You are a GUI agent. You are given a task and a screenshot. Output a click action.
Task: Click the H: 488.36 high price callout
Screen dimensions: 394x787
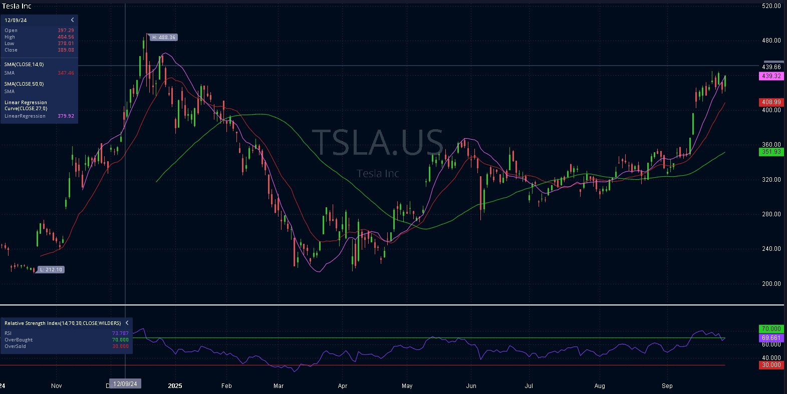tap(163, 38)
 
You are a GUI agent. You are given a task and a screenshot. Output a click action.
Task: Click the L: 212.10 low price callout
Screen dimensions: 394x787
tap(51, 270)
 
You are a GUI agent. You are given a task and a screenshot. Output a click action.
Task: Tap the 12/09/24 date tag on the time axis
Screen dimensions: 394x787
tap(125, 384)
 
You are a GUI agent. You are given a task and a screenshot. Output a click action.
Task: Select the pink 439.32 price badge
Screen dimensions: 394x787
tap(771, 76)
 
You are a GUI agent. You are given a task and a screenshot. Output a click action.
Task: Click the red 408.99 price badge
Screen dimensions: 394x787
tap(771, 102)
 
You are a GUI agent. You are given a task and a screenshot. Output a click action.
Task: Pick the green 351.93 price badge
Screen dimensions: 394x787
tap(771, 152)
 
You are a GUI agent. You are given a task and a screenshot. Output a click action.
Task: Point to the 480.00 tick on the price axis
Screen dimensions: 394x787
tap(771, 41)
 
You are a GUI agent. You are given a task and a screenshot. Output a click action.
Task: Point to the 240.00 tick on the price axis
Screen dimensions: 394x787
tap(771, 249)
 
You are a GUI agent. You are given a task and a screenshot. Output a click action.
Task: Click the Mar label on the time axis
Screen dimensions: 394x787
tap(279, 386)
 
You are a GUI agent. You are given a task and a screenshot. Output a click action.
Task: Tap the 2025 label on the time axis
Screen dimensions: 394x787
tap(175, 386)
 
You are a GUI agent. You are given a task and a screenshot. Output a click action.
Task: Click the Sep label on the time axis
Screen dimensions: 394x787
tap(667, 386)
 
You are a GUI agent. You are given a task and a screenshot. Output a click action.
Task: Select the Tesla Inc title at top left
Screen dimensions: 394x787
tap(17, 6)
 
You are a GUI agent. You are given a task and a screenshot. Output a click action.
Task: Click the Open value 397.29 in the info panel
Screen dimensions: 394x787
tap(66, 31)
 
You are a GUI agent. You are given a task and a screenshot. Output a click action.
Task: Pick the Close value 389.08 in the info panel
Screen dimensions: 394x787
tap(66, 50)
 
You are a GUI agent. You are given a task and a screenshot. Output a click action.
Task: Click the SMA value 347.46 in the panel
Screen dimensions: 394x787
tap(66, 73)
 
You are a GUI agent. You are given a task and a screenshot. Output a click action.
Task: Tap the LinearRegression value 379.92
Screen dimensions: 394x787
tap(66, 116)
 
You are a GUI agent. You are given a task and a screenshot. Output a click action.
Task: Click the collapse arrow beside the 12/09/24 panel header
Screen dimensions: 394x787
tap(73, 20)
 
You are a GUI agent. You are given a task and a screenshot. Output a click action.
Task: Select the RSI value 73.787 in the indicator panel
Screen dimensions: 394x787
tap(120, 333)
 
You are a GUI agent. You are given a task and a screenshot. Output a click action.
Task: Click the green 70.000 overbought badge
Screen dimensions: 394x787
tap(771, 329)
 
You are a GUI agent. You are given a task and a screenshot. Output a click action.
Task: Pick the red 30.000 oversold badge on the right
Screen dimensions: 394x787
tap(771, 365)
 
